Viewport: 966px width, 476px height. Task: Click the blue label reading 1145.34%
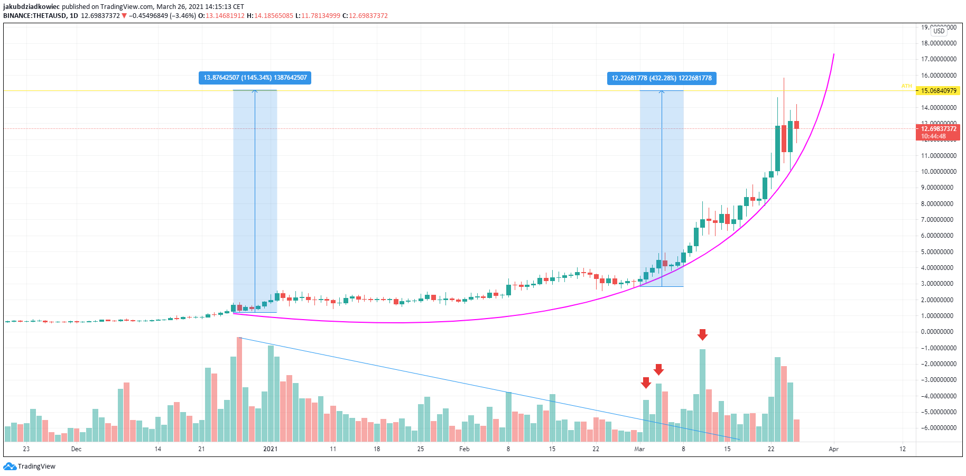click(255, 78)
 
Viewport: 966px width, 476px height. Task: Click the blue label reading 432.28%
click(662, 78)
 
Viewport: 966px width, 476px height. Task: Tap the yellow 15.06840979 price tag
click(939, 91)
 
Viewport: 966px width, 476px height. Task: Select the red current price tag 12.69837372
click(939, 129)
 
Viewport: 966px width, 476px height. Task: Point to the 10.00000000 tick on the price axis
click(939, 172)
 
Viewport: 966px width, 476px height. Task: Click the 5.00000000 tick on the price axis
click(939, 252)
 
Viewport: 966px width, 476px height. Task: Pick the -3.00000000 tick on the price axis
click(939, 380)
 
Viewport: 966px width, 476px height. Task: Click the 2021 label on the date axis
click(270, 449)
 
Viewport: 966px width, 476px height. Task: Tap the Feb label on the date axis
click(464, 449)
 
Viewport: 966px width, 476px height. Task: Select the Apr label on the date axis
click(833, 449)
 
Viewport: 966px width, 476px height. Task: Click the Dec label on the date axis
click(76, 449)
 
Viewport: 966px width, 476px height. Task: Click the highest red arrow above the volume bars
click(702, 334)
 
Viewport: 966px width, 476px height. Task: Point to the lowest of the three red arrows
click(646, 382)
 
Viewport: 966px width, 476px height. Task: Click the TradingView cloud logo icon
click(10, 466)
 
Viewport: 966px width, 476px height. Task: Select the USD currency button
click(939, 31)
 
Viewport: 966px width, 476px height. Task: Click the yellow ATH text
click(907, 86)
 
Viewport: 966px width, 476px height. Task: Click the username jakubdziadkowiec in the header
click(31, 7)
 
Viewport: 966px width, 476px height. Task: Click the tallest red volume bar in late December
click(239, 389)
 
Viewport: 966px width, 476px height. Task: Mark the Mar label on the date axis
click(639, 449)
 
